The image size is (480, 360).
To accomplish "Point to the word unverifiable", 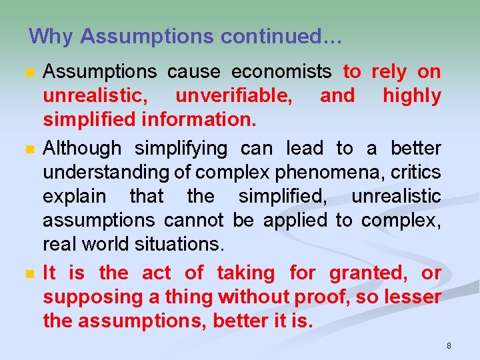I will click(233, 96).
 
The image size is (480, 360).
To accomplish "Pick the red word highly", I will click(411, 96).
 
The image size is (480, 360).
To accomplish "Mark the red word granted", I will click(368, 272).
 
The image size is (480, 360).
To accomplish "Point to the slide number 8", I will click(449, 345).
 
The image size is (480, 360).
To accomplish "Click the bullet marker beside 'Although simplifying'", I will click(27, 149).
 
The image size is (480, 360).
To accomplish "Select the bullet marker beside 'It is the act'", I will click(27, 273).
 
